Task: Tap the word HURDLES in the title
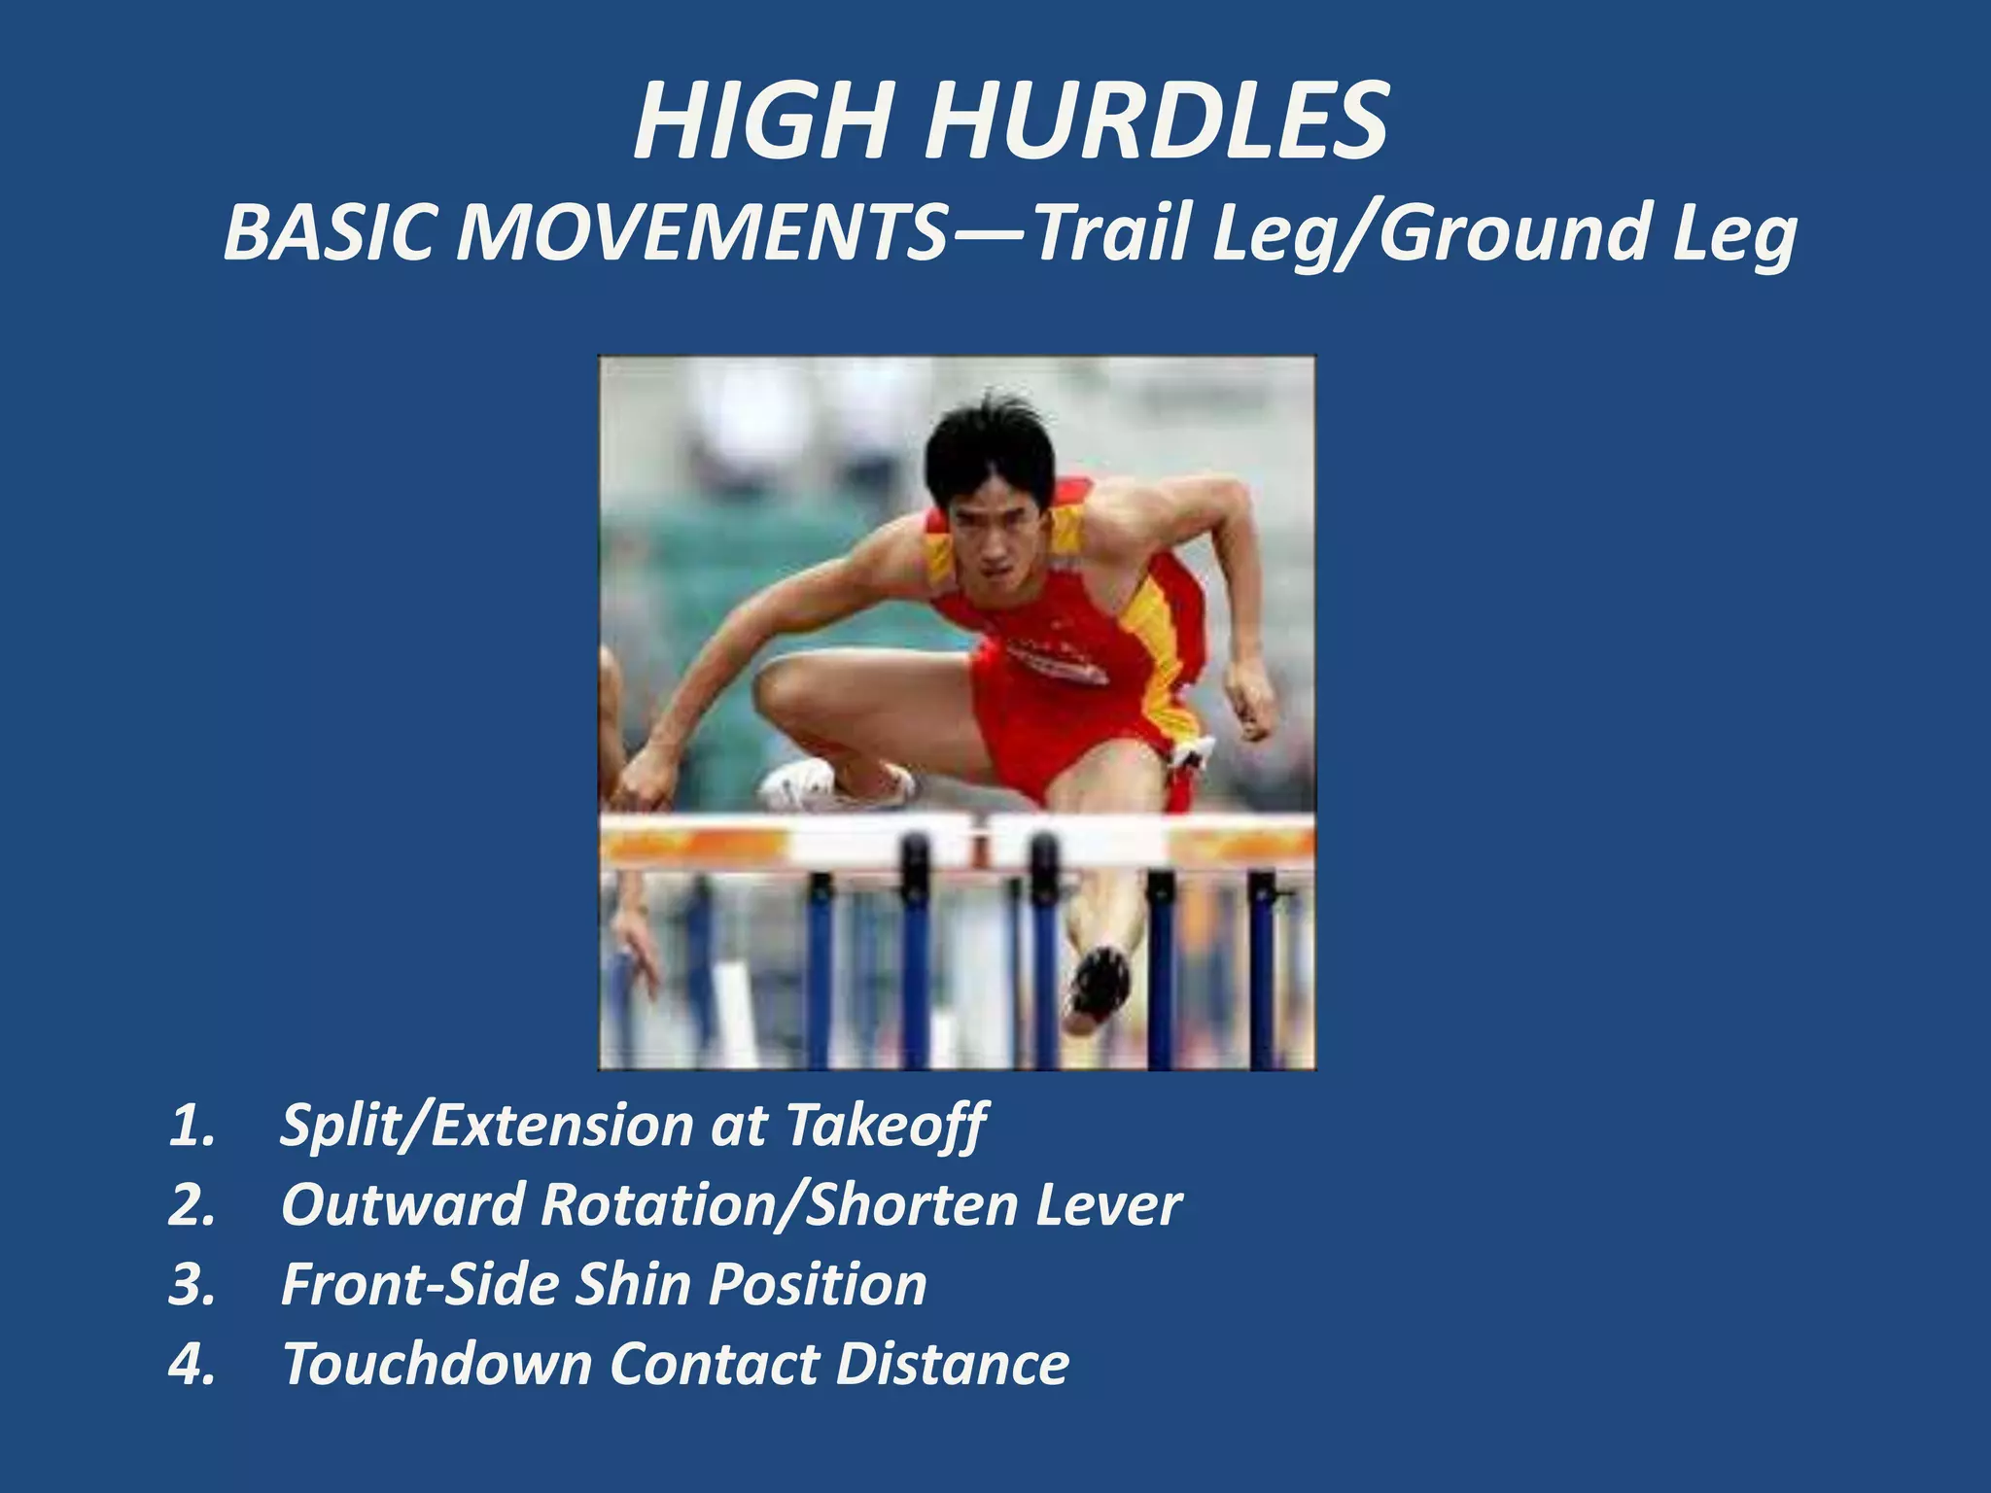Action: (x=1156, y=122)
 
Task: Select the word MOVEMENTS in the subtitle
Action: (x=701, y=233)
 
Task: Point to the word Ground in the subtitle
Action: (x=1513, y=233)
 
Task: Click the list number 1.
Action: (x=191, y=1126)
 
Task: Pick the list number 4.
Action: (x=191, y=1364)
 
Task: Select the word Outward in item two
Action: (x=402, y=1205)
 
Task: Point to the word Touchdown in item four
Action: (x=437, y=1364)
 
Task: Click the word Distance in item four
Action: (x=953, y=1364)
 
